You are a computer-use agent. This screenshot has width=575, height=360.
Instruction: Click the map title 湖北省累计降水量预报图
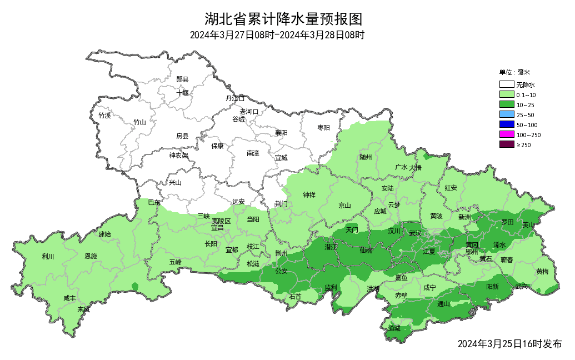[x=283, y=19]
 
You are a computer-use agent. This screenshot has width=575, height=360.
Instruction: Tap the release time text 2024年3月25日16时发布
[x=509, y=344]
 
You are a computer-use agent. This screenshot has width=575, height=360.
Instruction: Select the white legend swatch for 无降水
[x=506, y=85]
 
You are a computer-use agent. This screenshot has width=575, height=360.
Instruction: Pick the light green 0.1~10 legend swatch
[x=506, y=95]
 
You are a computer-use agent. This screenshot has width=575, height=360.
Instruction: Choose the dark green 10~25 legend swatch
[x=506, y=105]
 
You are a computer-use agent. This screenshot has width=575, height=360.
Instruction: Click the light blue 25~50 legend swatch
[x=506, y=114]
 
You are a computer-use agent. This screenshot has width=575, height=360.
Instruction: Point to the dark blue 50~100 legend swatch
[x=506, y=124]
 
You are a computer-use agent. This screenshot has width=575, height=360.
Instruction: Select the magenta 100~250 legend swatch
[x=506, y=134]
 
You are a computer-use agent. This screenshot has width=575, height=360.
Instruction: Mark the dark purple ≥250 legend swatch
[x=506, y=144]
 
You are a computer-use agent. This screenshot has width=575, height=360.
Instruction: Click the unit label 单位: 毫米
[x=514, y=72]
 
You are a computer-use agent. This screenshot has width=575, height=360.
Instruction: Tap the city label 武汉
[x=415, y=233]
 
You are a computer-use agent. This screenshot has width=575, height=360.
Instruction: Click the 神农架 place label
[x=179, y=156]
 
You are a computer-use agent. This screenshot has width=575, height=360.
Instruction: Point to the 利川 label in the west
[x=48, y=257]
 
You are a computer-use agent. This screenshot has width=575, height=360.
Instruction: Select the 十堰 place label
[x=183, y=92]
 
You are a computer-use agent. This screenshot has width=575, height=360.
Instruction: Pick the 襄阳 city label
[x=282, y=133]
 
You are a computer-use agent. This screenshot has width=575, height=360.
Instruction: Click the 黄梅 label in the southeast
[x=543, y=272]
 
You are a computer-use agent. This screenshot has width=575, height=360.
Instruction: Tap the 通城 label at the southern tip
[x=394, y=328]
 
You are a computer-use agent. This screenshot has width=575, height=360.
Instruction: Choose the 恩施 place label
[x=91, y=257]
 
